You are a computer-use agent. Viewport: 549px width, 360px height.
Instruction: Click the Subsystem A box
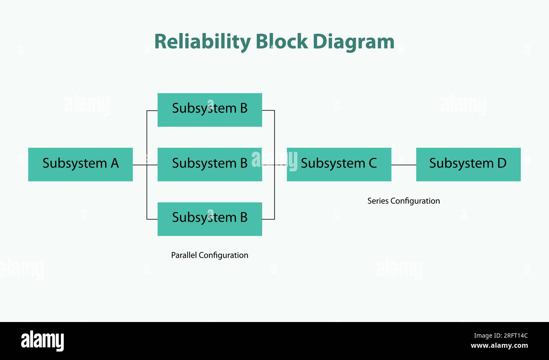point(80,164)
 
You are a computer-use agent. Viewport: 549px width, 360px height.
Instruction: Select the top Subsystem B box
point(209,110)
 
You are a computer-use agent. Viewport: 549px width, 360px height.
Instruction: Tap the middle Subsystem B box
point(209,164)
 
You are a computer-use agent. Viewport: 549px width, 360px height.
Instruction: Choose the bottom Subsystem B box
point(209,219)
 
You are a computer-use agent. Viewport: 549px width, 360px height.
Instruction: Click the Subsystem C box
point(339,164)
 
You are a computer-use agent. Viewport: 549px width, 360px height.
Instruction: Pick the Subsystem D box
point(468,164)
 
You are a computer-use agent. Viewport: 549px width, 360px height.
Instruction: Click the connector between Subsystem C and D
point(403,165)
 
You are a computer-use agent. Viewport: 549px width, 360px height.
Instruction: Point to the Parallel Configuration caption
point(209,255)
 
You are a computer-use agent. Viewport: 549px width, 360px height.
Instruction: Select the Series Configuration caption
point(403,201)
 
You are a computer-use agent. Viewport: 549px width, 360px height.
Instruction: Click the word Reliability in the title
point(202,42)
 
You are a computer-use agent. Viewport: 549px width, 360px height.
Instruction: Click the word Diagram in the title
point(353,42)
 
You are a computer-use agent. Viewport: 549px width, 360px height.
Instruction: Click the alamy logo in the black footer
point(42,341)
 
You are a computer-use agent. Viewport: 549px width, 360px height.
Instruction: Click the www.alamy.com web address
point(499,346)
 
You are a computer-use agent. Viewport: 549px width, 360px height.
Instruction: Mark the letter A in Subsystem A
point(114,163)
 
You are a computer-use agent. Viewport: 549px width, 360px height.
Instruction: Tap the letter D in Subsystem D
point(501,163)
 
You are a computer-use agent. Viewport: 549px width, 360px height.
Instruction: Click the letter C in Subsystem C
point(372,163)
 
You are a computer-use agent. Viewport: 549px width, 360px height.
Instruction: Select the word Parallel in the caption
point(184,255)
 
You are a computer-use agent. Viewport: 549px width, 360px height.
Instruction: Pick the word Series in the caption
point(378,201)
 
